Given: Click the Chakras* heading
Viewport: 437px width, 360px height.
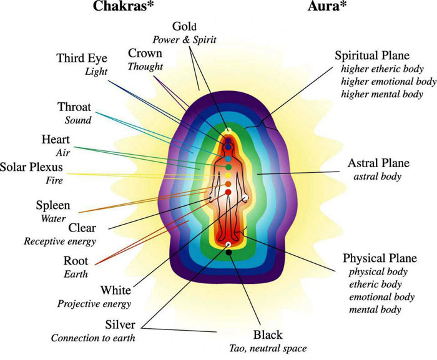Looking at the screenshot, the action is point(123,6).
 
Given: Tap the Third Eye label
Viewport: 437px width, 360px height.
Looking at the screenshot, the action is point(82,58).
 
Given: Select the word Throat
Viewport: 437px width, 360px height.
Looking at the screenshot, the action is point(74,107).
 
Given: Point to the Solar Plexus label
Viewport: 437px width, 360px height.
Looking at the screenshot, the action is point(31,167).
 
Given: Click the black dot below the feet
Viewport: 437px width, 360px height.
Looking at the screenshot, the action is point(229,253).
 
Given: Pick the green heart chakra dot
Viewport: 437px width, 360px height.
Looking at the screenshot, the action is point(228,167).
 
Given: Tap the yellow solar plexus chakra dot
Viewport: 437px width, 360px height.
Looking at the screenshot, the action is point(228,175).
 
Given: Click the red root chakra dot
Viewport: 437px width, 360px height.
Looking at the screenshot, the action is point(228,192).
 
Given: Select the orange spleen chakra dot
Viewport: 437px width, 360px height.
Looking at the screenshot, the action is point(228,184).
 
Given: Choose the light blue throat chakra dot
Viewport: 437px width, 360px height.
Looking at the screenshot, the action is point(228,159).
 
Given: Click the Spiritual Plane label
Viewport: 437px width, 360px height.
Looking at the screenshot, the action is point(372,56).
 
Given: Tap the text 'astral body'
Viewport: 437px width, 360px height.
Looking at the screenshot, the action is point(377,177).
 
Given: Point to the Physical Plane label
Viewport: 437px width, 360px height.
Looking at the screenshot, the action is point(380,258).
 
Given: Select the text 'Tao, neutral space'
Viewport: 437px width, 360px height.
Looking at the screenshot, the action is point(268,348).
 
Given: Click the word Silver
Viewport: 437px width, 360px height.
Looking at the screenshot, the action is point(120,324).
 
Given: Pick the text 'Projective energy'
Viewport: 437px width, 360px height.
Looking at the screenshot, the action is point(94,304).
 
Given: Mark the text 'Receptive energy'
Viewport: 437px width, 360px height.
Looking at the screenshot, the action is point(60,241).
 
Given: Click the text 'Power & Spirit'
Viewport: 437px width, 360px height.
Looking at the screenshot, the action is point(184,39).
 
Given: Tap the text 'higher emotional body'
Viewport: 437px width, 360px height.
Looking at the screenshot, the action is point(388,81).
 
